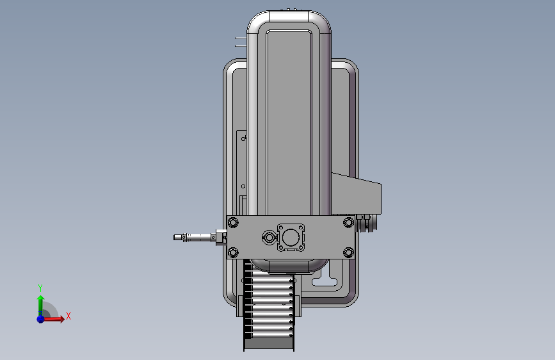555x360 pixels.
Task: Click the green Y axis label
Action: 40,288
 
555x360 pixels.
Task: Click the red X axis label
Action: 68,316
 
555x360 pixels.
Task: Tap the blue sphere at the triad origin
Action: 40,319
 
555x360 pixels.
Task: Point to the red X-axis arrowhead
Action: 62,319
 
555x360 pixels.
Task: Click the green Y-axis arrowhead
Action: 41,299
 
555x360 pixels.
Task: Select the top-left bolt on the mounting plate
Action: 233,222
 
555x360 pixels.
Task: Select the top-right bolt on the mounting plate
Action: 348,222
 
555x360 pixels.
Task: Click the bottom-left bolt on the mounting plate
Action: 233,252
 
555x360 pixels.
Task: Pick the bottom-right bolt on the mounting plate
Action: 348,252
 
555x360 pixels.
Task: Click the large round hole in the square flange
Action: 291,238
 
